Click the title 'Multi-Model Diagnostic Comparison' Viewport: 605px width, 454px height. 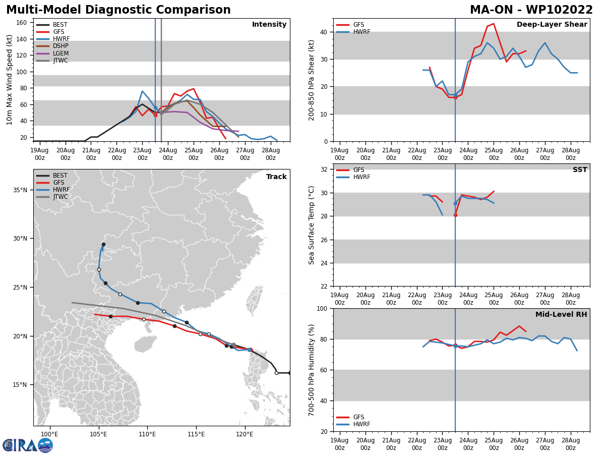118,10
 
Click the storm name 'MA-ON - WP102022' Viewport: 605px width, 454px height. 531,10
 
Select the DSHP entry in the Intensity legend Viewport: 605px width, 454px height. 60,46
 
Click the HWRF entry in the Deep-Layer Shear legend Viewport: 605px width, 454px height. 361,32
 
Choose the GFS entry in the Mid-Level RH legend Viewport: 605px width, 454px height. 358,417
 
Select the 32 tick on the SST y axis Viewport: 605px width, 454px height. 325,169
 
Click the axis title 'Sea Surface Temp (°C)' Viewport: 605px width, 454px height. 312,225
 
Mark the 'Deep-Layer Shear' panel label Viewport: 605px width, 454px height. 552,25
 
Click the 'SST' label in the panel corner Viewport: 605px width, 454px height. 580,170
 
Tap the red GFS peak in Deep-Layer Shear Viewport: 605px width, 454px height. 494,24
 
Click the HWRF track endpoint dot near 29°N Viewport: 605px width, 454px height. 103,244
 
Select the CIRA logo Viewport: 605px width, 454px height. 28,445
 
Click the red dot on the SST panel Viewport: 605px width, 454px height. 455,215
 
